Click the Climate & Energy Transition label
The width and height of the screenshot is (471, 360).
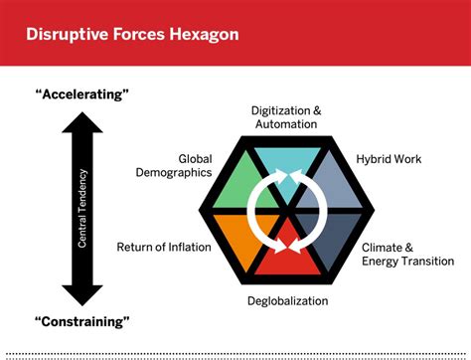[400, 255]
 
